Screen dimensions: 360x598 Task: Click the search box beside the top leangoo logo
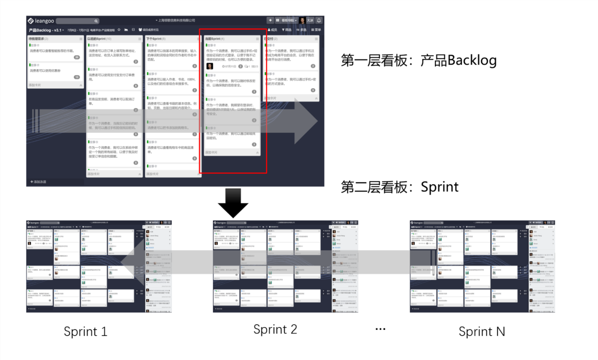(77, 21)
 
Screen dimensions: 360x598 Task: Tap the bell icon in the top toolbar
(319, 20)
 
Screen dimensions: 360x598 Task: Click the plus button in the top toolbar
(270, 20)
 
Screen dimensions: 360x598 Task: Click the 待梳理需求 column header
(39, 39)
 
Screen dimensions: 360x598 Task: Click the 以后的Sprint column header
(99, 39)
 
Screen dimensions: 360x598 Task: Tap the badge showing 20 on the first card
(77, 57)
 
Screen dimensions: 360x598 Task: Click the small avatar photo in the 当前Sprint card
(210, 66)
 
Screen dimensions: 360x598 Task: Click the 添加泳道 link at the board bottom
(39, 181)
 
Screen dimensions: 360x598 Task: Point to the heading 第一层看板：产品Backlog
(418, 61)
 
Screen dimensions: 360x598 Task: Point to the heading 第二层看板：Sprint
(400, 187)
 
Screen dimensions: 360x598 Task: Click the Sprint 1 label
(85, 331)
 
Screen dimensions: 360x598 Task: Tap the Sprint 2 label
(275, 329)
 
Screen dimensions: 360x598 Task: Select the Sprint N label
(482, 331)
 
